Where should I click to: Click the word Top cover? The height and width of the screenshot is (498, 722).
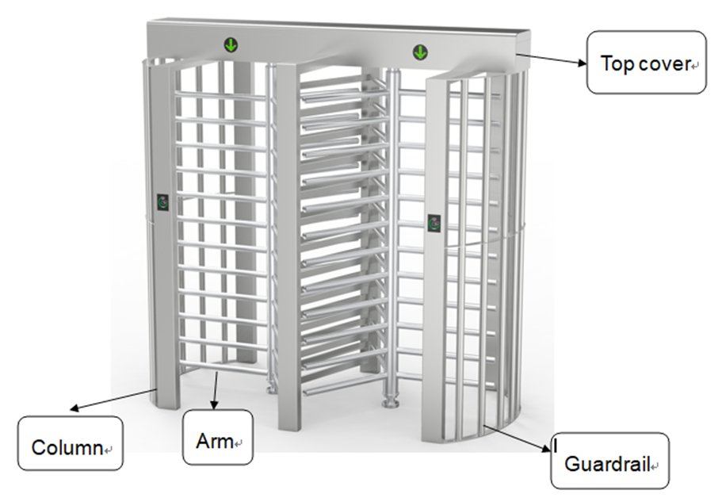(x=646, y=63)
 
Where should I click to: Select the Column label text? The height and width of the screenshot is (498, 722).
(x=67, y=448)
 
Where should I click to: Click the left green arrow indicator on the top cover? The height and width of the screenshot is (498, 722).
(x=230, y=45)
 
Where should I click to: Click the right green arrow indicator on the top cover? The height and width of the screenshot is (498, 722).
(x=420, y=53)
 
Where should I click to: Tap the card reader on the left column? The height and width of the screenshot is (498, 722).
(x=163, y=203)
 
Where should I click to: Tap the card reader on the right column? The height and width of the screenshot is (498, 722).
(x=434, y=223)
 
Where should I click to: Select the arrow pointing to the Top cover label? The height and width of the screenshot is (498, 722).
(x=550, y=59)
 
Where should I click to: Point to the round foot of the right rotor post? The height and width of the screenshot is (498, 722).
(x=388, y=404)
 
